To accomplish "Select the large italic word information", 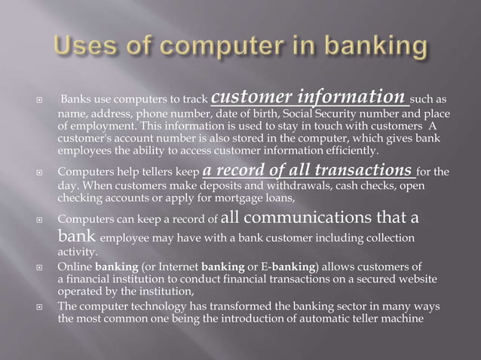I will (355, 98).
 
